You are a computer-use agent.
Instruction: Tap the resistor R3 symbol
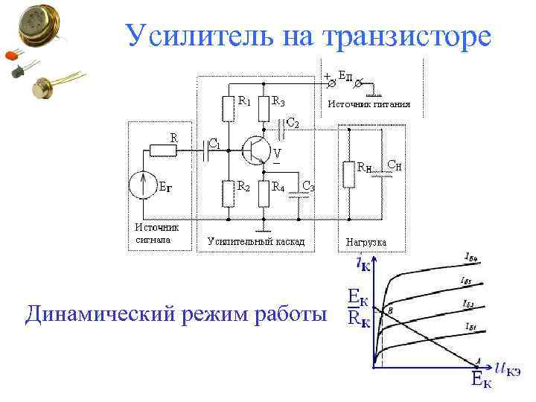coord(263,109)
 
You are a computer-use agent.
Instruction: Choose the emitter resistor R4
coord(263,194)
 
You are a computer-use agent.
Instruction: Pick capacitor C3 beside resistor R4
coord(299,193)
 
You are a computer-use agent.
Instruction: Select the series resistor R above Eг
coord(162,150)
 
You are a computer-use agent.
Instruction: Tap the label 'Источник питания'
coord(369,104)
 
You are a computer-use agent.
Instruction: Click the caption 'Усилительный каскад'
coord(255,242)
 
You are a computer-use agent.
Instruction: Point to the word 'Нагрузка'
coord(366,243)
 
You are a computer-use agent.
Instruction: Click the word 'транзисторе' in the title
coord(407,35)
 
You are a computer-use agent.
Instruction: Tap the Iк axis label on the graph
coord(366,263)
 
